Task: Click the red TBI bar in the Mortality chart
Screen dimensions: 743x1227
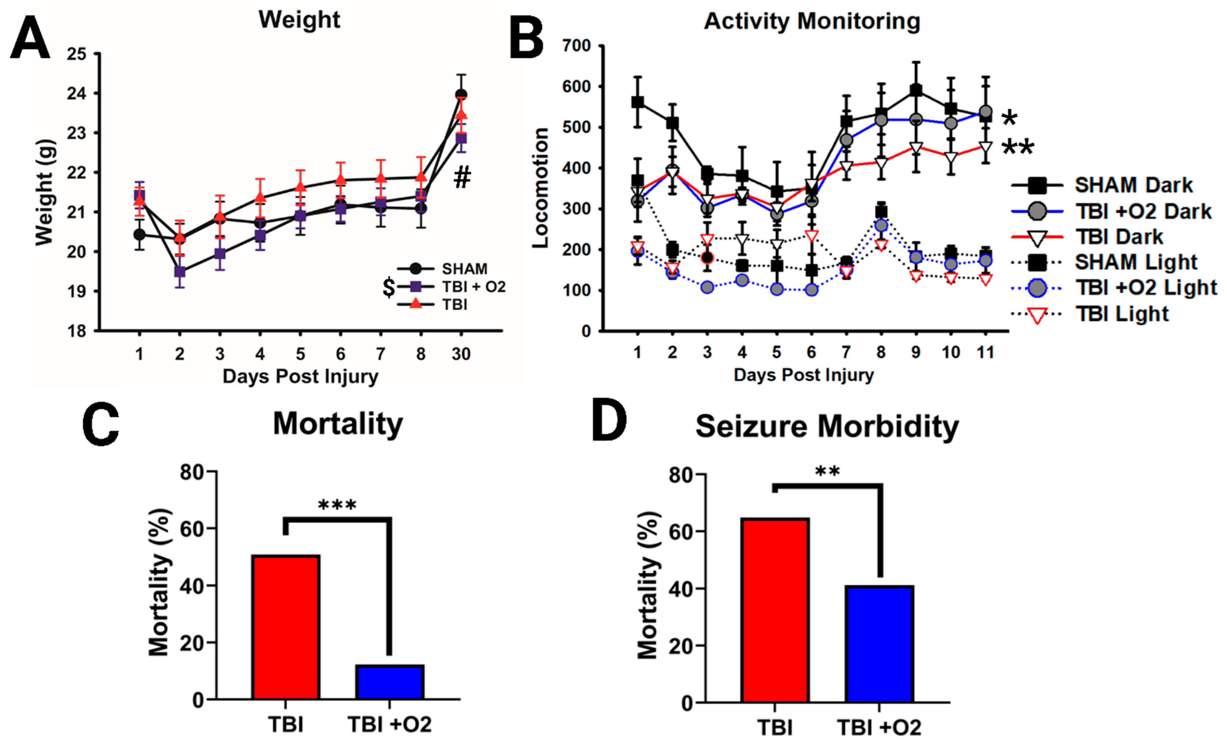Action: point(286,627)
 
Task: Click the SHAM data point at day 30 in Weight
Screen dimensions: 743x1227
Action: point(461,95)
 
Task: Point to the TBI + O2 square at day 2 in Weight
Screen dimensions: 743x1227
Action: point(180,272)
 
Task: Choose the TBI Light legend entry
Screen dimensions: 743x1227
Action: point(1121,314)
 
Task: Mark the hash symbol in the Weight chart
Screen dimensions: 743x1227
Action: point(462,178)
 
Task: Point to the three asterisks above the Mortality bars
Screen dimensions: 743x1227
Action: point(337,505)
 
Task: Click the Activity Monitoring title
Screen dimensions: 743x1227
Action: point(812,21)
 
